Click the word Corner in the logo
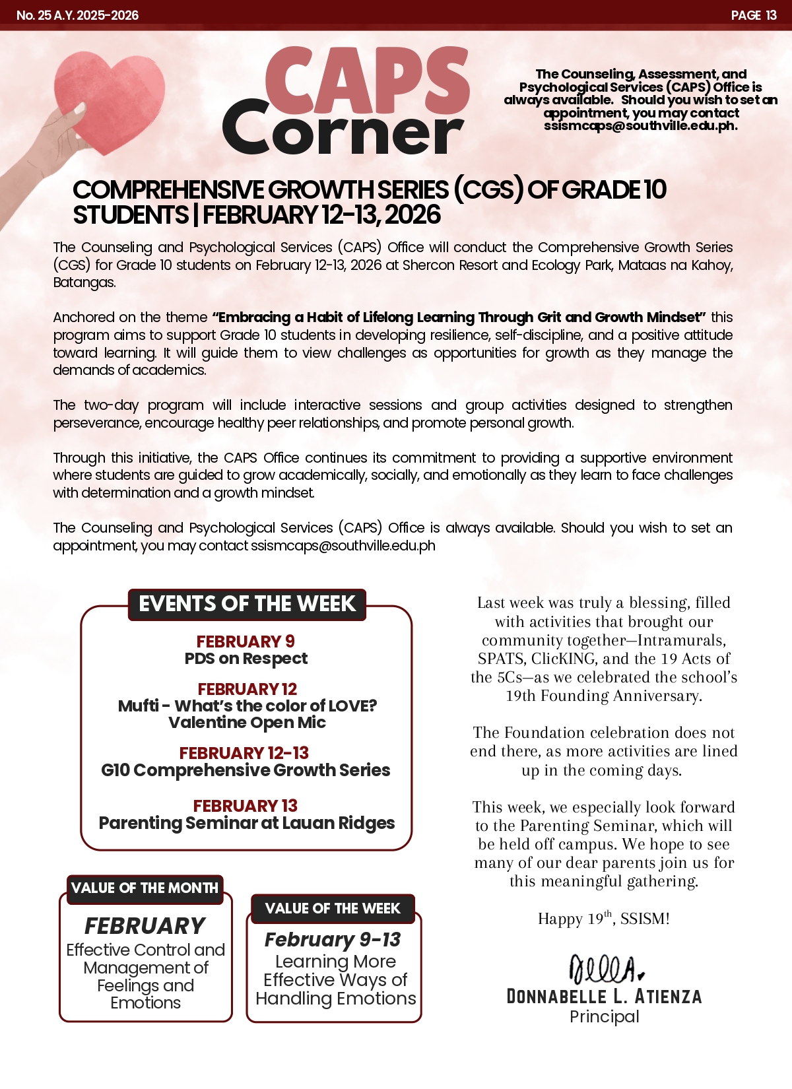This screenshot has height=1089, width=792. coord(343,131)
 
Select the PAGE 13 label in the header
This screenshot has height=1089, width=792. coord(753,15)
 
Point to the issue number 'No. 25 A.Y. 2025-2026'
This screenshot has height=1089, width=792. coord(77,15)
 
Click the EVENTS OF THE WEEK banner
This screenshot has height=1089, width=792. coord(247,604)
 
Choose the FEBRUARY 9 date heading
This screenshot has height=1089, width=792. coord(246,642)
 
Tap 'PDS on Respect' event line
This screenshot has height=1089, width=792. coord(246,659)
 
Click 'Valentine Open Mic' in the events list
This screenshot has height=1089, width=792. coord(247,723)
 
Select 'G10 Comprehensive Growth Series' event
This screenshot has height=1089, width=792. coord(246,770)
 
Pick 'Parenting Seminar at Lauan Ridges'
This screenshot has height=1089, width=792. coord(247,823)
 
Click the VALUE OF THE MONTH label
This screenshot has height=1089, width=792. coord(145,888)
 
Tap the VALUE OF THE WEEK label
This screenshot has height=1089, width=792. coord(333,909)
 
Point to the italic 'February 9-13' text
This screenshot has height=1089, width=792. coord(333,939)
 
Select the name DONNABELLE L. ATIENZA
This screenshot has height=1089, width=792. coord(604,997)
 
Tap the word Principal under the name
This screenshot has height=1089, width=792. coord(604,1017)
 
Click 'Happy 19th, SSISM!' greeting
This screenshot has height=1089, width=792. coord(604,919)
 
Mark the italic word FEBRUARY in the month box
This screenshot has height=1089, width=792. coord(145,926)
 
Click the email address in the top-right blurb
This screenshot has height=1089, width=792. coord(640,126)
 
